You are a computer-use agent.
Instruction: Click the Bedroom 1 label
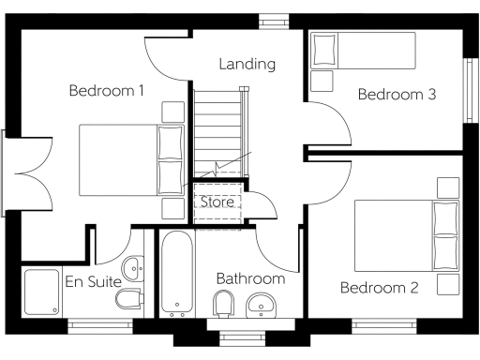point(106,91)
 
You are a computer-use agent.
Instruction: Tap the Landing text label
point(247,65)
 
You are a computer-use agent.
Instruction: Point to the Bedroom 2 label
point(379,287)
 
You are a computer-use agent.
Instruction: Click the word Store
point(215,201)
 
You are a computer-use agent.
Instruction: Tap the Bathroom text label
point(249,278)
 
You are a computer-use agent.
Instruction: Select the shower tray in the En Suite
point(39,292)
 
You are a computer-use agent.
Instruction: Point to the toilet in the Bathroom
point(223,304)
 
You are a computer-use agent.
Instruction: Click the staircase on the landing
point(221,131)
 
